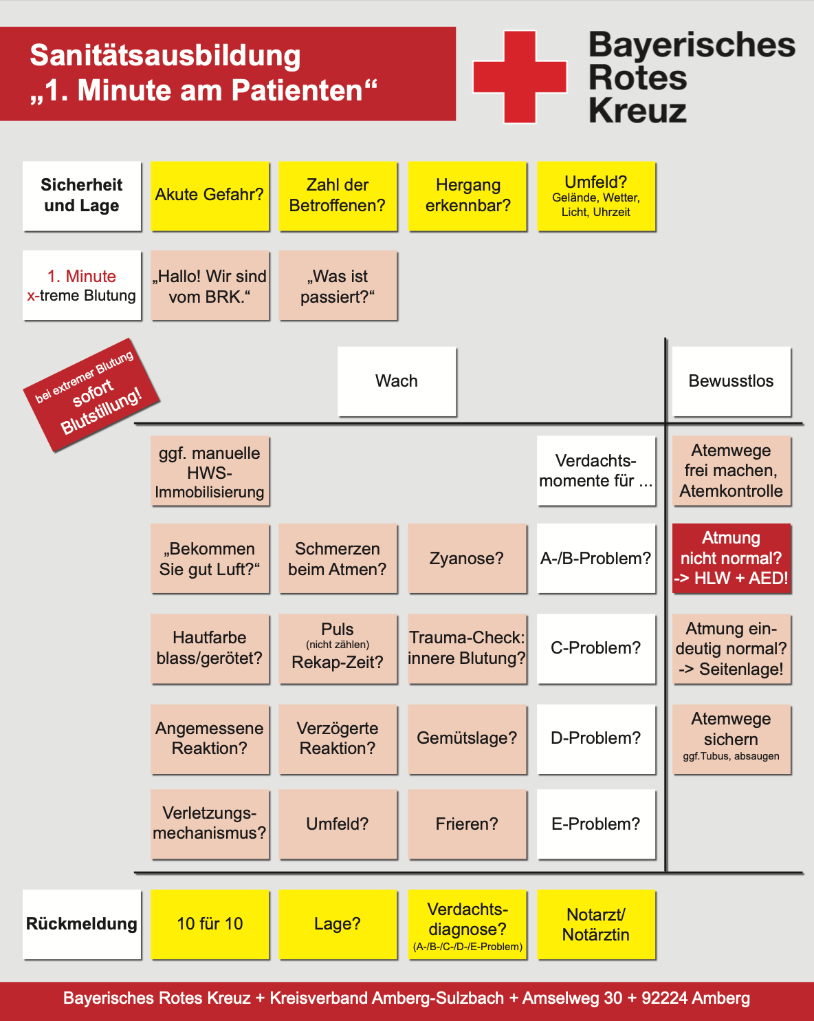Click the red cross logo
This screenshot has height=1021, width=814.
click(x=519, y=76)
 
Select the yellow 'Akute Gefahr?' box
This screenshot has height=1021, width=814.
click(x=210, y=196)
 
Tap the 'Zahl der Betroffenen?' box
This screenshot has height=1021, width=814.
click(x=338, y=196)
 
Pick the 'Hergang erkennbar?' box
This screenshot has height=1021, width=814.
click(x=467, y=196)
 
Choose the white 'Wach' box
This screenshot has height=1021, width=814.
click(x=397, y=381)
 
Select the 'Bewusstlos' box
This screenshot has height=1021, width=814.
click(x=731, y=381)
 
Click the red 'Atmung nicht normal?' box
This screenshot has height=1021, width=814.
click(x=731, y=558)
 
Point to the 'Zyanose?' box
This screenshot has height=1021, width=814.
click(x=467, y=558)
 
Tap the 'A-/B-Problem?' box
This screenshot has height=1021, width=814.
click(x=595, y=558)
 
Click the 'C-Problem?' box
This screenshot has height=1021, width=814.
click(x=595, y=648)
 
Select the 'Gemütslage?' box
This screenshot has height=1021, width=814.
click(x=467, y=738)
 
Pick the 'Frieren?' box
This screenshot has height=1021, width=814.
click(x=467, y=824)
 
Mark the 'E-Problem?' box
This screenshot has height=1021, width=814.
click(x=595, y=824)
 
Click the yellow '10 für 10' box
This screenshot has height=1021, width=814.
click(x=210, y=924)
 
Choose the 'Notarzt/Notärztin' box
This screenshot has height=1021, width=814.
click(x=595, y=924)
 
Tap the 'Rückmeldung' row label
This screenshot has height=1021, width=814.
click(x=82, y=924)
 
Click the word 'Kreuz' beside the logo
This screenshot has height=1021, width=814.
click(x=637, y=111)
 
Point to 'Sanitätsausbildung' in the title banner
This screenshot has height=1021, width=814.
click(x=165, y=56)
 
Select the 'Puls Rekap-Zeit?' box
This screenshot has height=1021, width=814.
click(x=338, y=648)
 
